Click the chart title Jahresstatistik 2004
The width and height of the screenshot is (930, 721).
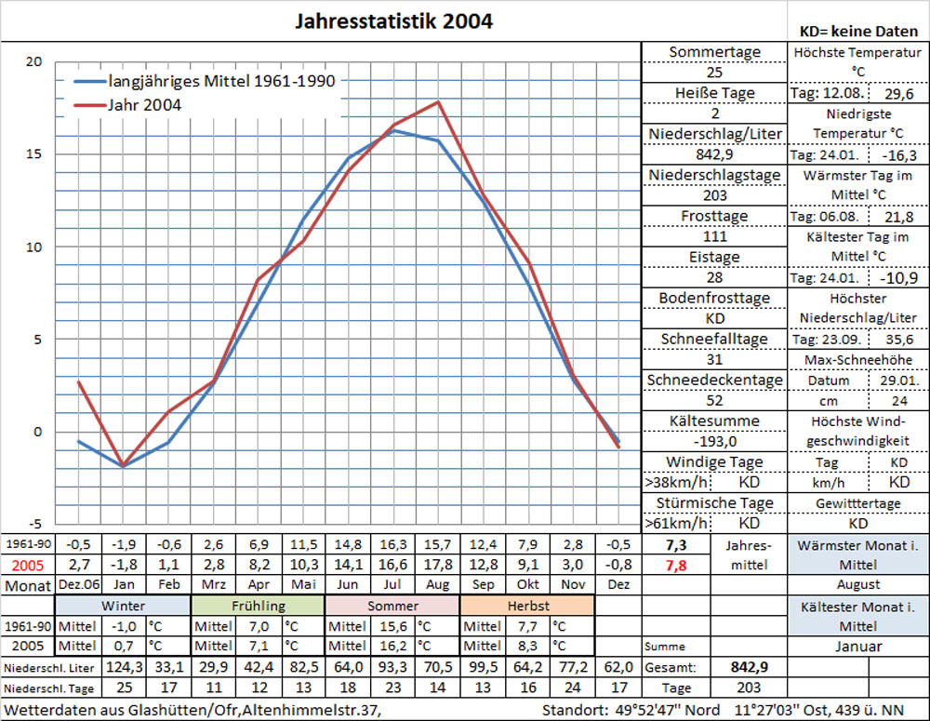click(393, 20)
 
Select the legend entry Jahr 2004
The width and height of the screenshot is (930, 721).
click(144, 105)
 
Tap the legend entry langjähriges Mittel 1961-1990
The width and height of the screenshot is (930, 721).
click(221, 81)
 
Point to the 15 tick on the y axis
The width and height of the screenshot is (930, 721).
click(34, 154)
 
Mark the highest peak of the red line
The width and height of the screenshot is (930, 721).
click(437, 101)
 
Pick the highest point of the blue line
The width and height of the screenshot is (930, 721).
click(393, 130)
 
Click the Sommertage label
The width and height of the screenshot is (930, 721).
click(714, 52)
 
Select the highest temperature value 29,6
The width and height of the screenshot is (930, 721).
click(897, 93)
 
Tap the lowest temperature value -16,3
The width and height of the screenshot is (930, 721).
click(897, 154)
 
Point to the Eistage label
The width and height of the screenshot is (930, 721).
click(714, 257)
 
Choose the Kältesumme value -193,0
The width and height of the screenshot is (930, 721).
click(714, 441)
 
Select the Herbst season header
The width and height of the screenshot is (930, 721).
click(527, 606)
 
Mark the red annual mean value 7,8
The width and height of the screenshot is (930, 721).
click(677, 565)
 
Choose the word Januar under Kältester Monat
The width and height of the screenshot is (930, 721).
click(857, 647)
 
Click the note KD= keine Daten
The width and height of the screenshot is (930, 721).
click(858, 31)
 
